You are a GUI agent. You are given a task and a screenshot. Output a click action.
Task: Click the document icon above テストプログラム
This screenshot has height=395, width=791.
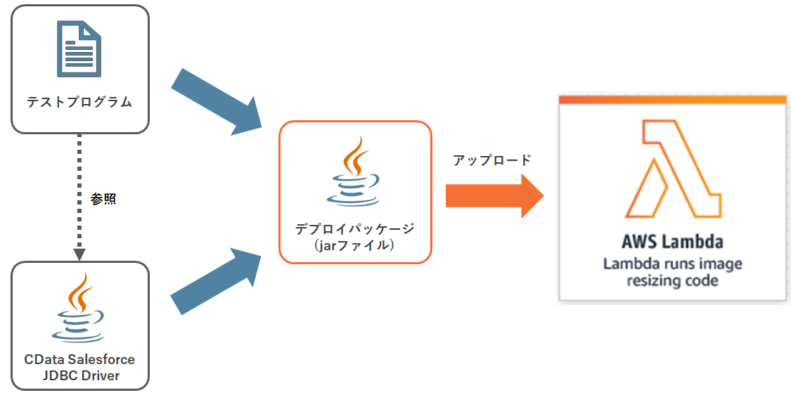(79, 49)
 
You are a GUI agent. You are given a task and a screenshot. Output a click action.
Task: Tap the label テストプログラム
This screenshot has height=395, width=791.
(79, 103)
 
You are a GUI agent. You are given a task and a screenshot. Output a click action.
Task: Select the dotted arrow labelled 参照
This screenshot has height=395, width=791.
(79, 211)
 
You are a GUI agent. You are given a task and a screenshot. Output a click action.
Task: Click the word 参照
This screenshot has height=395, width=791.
(103, 199)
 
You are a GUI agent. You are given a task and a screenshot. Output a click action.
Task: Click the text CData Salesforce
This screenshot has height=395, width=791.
(79, 359)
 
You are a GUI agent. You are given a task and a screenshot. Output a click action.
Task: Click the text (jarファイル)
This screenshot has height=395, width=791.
(354, 245)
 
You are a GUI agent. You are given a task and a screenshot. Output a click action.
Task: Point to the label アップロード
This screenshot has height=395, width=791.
(491, 160)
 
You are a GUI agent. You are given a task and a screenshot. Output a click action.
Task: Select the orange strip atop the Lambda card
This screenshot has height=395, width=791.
(672, 100)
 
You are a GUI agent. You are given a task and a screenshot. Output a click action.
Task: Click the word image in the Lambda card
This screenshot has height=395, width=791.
(721, 264)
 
